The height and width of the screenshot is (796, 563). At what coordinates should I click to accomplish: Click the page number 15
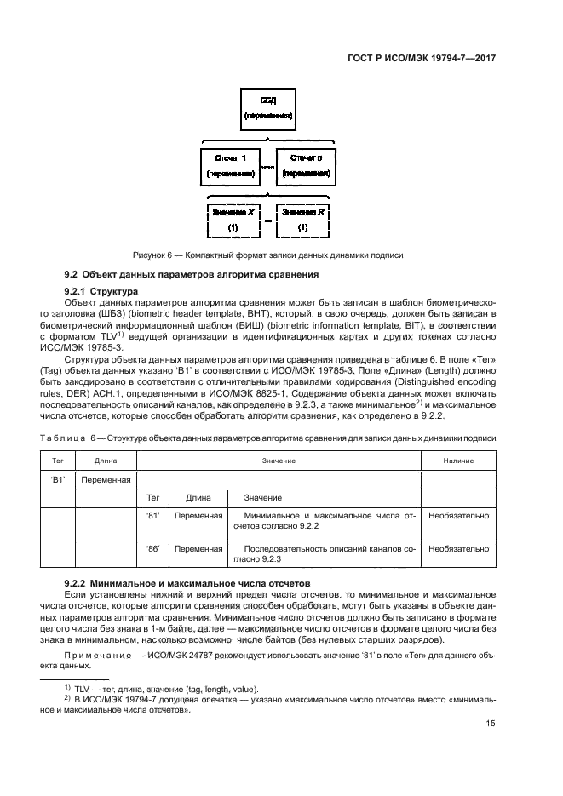coord(491,724)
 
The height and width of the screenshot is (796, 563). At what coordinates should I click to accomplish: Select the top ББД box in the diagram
coord(268,106)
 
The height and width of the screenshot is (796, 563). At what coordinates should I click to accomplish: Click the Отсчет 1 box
coord(231,166)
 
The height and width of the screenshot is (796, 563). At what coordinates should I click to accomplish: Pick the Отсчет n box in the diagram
coord(306,166)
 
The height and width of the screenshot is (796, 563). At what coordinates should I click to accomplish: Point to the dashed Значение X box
coord(232,220)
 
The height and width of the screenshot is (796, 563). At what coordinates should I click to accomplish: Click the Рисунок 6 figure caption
coord(267,255)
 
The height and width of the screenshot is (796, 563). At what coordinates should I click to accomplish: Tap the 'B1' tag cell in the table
coord(59,479)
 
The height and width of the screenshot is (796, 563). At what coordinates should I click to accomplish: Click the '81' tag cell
coord(154,515)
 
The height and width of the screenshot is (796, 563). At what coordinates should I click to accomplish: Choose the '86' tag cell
coord(154,549)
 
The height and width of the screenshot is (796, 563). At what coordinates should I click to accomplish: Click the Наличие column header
coord(458,461)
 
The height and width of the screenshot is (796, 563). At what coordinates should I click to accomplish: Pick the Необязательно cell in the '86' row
coord(458,549)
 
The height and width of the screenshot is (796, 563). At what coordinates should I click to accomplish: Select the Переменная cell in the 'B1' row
coord(106,479)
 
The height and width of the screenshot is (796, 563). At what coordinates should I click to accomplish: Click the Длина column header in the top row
coord(106,461)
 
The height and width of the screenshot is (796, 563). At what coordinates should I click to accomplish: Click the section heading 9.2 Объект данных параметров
coord(192,275)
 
